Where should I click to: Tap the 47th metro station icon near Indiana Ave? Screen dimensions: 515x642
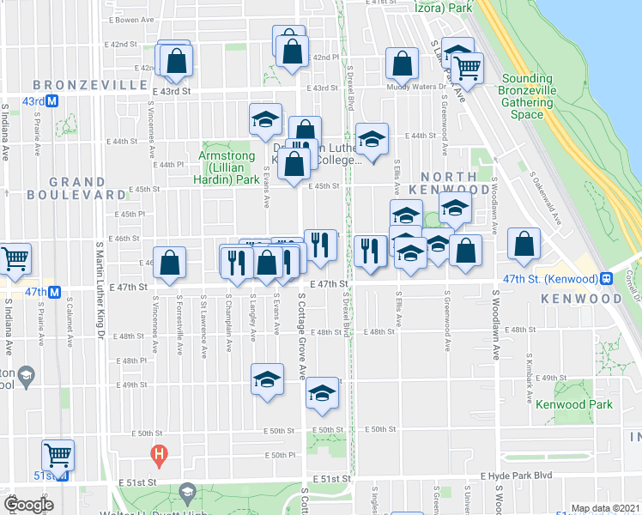tap(54, 292)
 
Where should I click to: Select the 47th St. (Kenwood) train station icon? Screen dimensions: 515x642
tap(606, 279)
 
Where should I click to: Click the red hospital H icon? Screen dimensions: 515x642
tap(158, 453)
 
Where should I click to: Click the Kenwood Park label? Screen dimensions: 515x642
tap(573, 404)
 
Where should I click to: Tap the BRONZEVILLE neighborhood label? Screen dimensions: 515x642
tap(90, 85)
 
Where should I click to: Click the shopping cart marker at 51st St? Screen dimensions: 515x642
tap(58, 454)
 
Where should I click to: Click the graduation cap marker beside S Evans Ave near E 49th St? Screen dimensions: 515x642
tap(267, 379)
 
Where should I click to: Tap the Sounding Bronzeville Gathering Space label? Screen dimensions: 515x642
tap(528, 96)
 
